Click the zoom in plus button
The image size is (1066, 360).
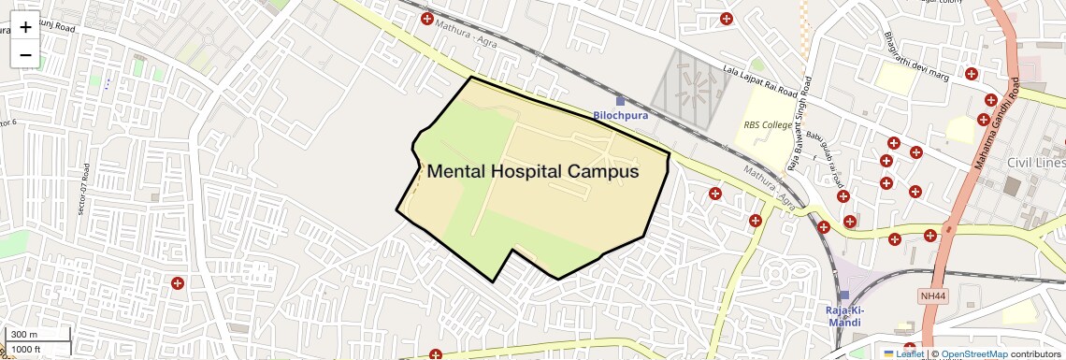[25, 27]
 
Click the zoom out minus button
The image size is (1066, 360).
[25, 55]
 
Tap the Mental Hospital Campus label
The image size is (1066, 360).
[533, 172]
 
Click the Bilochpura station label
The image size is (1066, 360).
[620, 115]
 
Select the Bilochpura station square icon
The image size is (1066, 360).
[619, 100]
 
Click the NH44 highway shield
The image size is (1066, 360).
[932, 295]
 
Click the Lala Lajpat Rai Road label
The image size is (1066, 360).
[761, 81]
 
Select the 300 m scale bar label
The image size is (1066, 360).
[25, 335]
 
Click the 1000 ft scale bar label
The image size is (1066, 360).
[26, 349]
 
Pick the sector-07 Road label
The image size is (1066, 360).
[85, 191]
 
